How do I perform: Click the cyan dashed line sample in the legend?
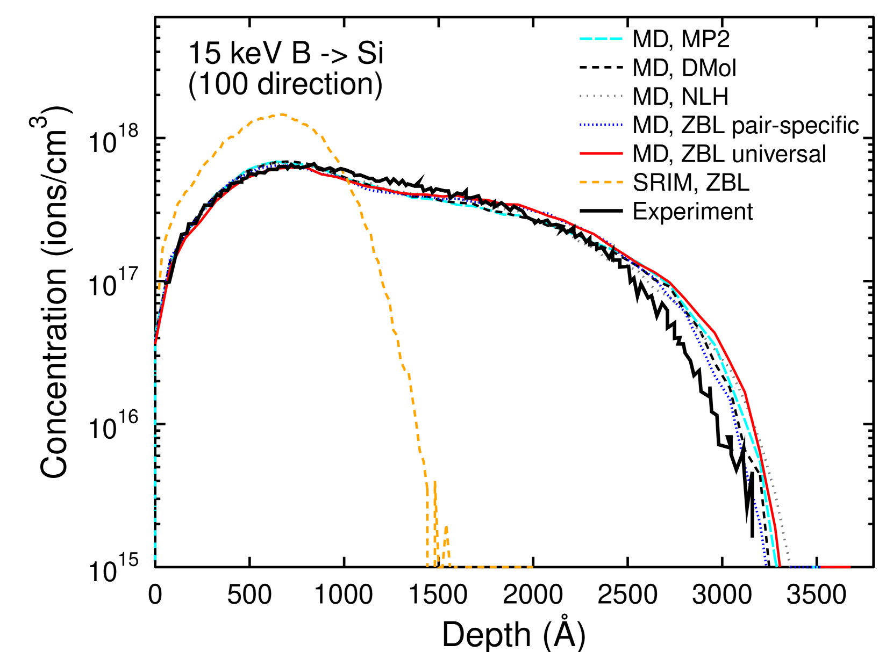click(x=601, y=39)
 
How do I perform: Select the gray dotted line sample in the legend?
click(x=601, y=96)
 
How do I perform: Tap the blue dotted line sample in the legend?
click(x=601, y=125)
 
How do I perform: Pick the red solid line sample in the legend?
click(x=601, y=154)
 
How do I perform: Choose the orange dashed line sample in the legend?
click(x=601, y=182)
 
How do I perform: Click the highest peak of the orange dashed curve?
click(x=281, y=114)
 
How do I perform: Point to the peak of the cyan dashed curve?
click(x=276, y=161)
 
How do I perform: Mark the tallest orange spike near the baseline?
click(x=434, y=482)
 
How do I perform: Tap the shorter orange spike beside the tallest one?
click(x=446, y=527)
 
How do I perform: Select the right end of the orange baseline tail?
click(x=532, y=567)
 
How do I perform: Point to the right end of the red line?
click(x=851, y=567)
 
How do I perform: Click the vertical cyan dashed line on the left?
click(x=155, y=457)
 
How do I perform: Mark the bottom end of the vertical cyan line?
click(x=155, y=566)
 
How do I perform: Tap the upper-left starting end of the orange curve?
click(x=159, y=289)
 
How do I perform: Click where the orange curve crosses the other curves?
click(x=347, y=179)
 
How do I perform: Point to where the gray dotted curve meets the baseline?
click(x=789, y=566)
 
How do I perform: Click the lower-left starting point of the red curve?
click(x=155, y=343)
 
